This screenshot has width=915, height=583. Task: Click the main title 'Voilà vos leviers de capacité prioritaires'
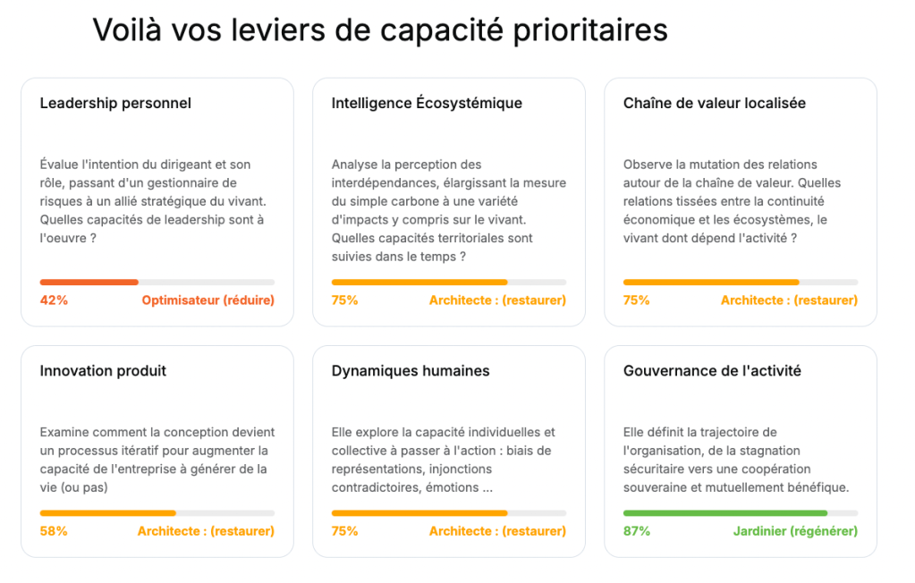coord(380,30)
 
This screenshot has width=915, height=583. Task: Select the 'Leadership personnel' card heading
coord(115,103)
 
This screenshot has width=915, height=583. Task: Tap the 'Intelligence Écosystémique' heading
coord(427,103)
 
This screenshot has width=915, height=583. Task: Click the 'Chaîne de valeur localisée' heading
coord(715,103)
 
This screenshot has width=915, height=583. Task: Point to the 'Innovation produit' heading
coord(103,370)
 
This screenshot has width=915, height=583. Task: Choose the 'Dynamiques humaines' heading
coord(411,370)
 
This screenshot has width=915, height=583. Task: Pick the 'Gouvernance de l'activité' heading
coord(712,370)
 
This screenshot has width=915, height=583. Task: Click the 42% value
coord(54,300)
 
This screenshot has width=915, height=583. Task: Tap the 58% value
coord(54,531)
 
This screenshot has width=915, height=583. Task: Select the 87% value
coord(637,531)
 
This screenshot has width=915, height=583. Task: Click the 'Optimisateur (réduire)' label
coord(208,300)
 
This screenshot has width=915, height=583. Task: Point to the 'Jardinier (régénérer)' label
coord(795,531)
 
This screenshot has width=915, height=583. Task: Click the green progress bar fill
coord(724,513)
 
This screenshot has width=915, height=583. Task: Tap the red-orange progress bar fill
coord(89,283)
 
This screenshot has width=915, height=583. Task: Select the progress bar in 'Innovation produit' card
coord(157,513)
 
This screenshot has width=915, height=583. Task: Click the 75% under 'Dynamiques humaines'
coord(345,531)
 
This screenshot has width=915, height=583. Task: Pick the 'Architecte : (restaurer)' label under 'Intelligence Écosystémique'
coord(497,300)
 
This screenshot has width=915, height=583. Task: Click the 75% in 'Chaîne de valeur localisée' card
coord(637,300)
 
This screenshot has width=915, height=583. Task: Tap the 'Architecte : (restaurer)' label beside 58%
coord(206,531)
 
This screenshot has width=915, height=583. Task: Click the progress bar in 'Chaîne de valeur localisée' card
coord(740,283)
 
